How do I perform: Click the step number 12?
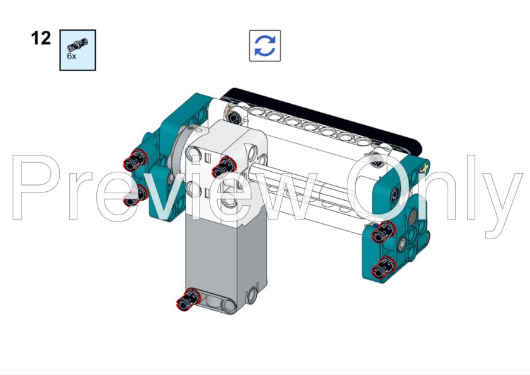(41, 38)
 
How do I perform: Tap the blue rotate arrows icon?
(265, 46)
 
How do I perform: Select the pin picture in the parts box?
(78, 44)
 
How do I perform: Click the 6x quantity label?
(72, 56)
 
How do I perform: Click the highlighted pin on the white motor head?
(221, 168)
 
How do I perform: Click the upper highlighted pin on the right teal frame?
(380, 235)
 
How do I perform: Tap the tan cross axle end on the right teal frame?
(426, 167)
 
